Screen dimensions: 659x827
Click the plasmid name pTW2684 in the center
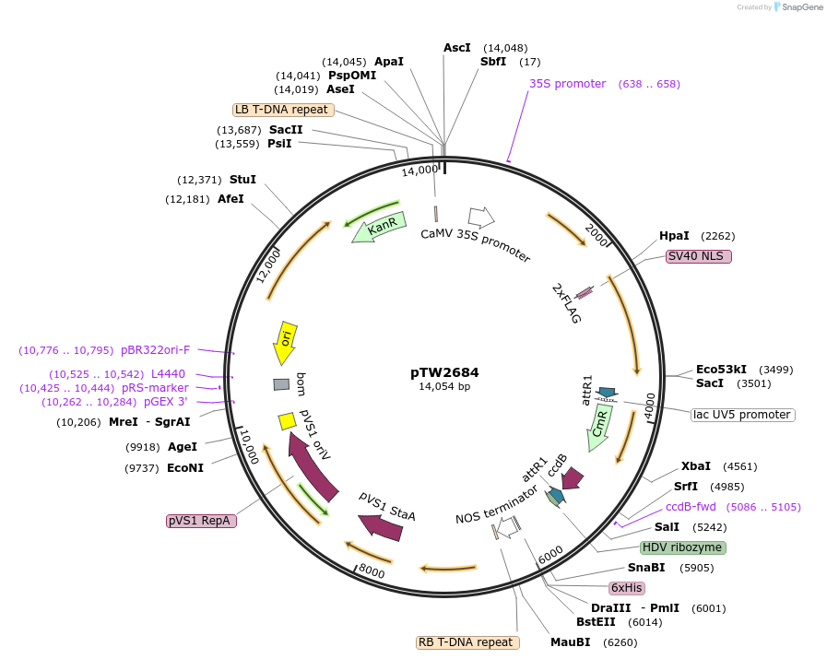tap(444, 373)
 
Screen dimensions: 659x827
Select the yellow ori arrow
tap(286, 342)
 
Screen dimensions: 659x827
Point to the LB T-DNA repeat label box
tap(282, 110)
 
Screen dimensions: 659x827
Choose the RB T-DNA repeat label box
tap(467, 642)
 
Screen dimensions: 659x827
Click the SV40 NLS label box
tap(698, 256)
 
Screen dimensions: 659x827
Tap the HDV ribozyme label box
tap(683, 547)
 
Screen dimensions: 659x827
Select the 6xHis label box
tap(626, 587)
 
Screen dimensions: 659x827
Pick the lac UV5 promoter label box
tap(742, 415)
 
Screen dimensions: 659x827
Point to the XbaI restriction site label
tap(696, 466)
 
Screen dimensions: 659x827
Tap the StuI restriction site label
tap(242, 180)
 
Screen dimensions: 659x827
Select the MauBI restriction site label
tap(570, 642)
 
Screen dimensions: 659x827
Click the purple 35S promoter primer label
tap(567, 84)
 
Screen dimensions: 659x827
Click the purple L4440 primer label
tap(168, 374)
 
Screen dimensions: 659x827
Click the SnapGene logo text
tap(798, 7)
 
